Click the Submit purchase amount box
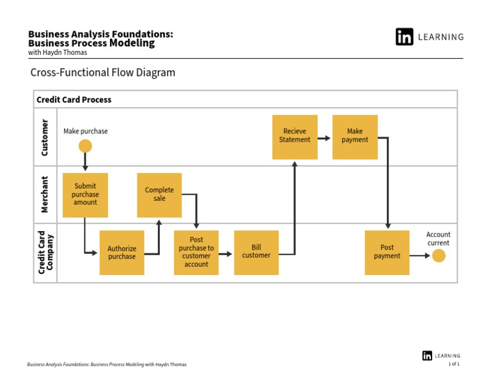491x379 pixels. tap(85, 195)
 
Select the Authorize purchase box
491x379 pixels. tap(121, 253)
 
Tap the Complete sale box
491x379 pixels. tap(159, 195)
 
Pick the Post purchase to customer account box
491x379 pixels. tap(196, 252)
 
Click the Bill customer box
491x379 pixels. tap(256, 252)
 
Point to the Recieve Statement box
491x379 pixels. tap(294, 137)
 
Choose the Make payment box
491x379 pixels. tap(355, 137)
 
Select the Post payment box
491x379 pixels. tap(387, 252)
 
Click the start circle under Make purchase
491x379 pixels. tap(85, 146)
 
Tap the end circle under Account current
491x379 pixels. tap(438, 256)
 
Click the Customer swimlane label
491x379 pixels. tap(45, 137)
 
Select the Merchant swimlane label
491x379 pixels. tap(45, 195)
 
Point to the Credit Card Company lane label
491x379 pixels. tap(45, 253)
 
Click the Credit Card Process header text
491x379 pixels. tap(74, 100)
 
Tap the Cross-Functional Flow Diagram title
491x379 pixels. tap(102, 73)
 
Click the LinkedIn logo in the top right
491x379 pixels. tap(404, 37)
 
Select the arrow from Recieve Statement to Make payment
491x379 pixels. tap(324, 137)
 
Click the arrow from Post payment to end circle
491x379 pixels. tap(420, 256)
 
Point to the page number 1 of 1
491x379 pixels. tap(454, 364)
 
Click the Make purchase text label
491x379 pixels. tap(86, 131)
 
